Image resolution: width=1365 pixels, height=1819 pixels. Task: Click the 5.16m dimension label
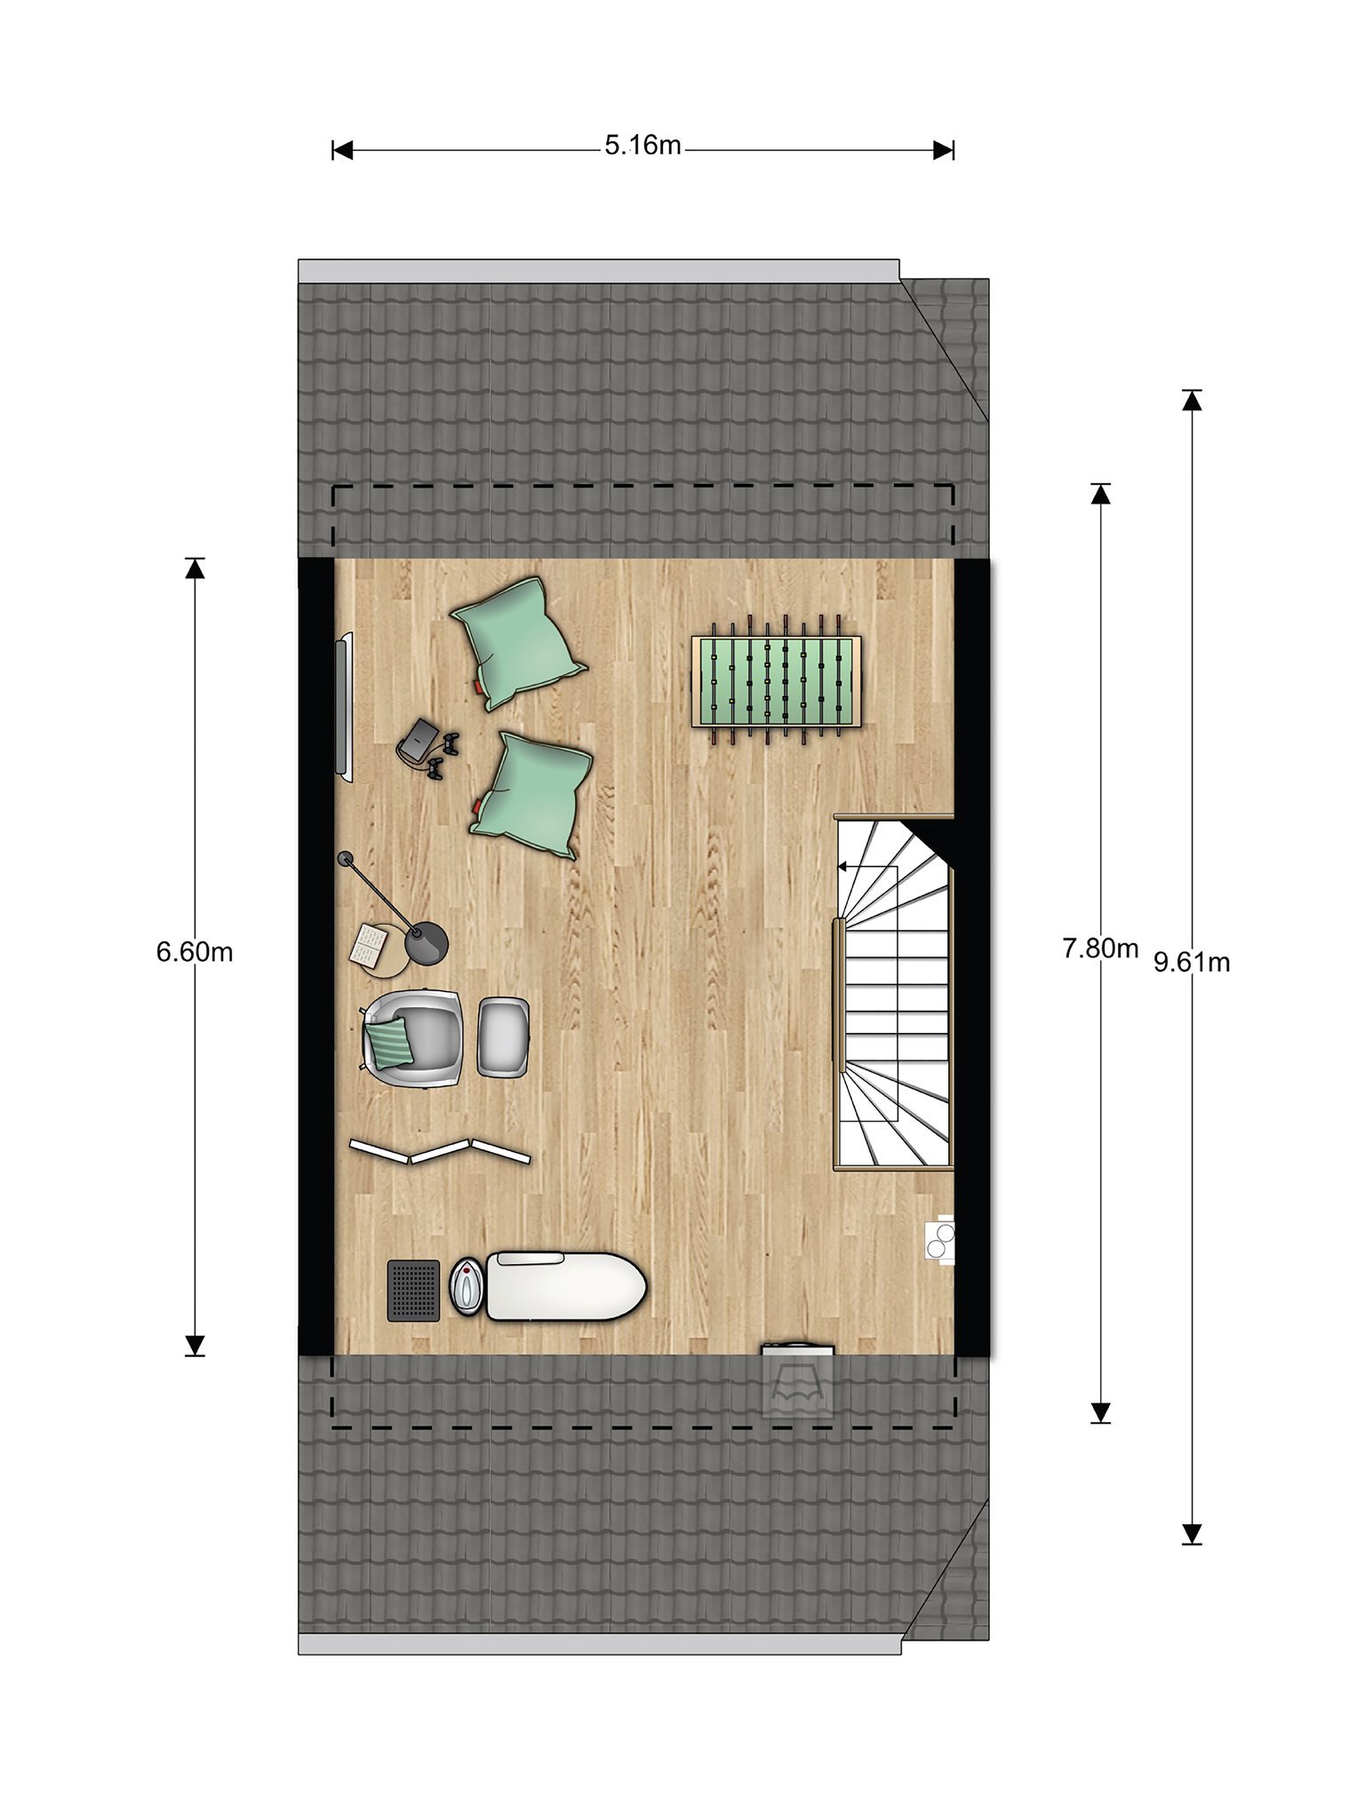point(643,145)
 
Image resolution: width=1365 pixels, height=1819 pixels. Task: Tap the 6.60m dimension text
point(195,951)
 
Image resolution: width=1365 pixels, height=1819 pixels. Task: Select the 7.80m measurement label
point(1100,949)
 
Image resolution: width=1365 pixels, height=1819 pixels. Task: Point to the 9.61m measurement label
point(1192,962)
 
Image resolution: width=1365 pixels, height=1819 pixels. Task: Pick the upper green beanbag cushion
point(518,642)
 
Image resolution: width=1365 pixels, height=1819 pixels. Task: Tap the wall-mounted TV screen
point(342,707)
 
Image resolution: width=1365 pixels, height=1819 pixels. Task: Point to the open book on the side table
point(366,944)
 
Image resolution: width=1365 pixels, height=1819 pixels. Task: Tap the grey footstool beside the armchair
point(504,1037)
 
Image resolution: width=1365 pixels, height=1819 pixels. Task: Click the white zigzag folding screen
point(440,1151)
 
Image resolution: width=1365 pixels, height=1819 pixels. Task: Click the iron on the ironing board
point(467,1286)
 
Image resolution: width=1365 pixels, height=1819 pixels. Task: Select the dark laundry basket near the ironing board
point(413,1290)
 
